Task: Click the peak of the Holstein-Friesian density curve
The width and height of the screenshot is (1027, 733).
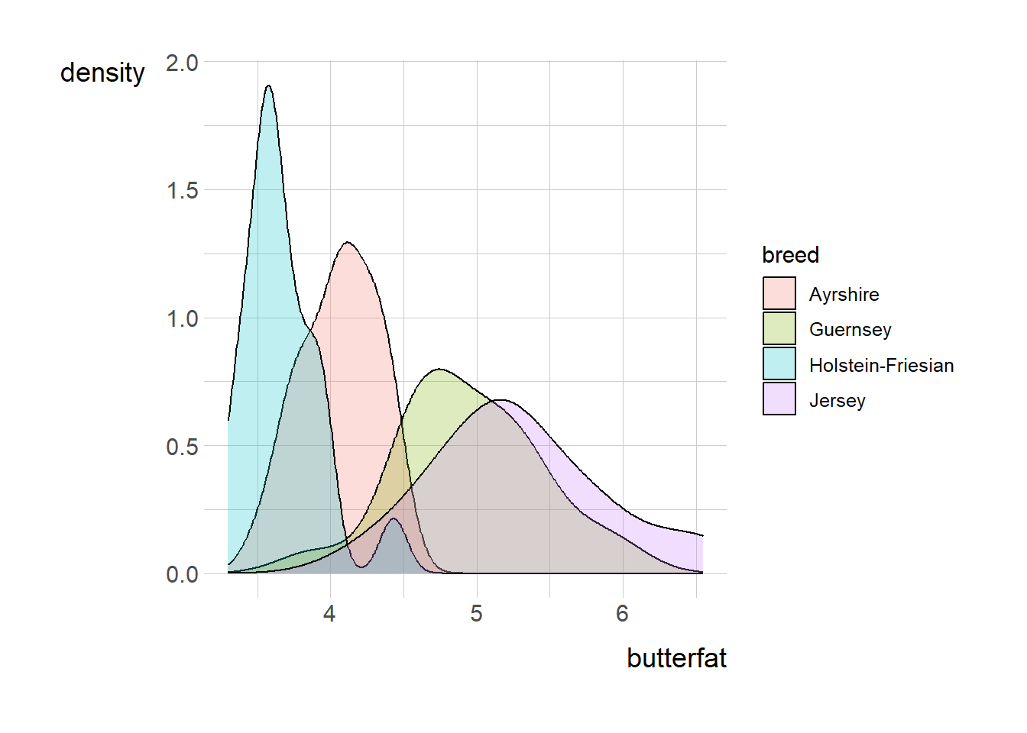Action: point(268,86)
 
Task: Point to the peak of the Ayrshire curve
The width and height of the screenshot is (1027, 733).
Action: point(348,243)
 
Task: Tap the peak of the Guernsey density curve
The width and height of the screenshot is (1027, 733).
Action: point(439,370)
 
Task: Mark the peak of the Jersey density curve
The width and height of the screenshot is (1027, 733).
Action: point(501,400)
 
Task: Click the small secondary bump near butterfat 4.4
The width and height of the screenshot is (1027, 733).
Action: point(394,519)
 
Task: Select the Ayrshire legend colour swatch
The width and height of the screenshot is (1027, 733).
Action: point(779,294)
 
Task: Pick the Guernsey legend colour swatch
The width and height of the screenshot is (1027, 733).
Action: point(779,329)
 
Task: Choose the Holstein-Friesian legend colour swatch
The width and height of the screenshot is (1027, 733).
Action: point(779,364)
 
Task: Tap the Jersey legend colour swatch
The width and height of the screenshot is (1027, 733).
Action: point(779,399)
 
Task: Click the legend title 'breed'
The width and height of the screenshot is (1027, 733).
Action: point(790,255)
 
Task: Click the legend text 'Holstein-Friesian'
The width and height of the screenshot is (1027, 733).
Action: point(881,366)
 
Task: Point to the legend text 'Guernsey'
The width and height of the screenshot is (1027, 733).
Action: point(850,330)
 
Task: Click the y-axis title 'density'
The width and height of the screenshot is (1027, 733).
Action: point(102,73)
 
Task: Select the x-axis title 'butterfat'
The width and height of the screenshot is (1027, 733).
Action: point(676,658)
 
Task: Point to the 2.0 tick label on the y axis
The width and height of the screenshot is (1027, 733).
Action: point(182,63)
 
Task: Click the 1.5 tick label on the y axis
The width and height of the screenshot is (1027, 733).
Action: point(182,190)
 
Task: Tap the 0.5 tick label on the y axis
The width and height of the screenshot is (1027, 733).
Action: point(182,447)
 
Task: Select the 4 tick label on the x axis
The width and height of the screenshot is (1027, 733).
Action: point(329,614)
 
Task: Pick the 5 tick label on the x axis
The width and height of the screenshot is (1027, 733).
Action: point(477,614)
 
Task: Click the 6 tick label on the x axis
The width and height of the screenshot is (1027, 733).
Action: point(623,614)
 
